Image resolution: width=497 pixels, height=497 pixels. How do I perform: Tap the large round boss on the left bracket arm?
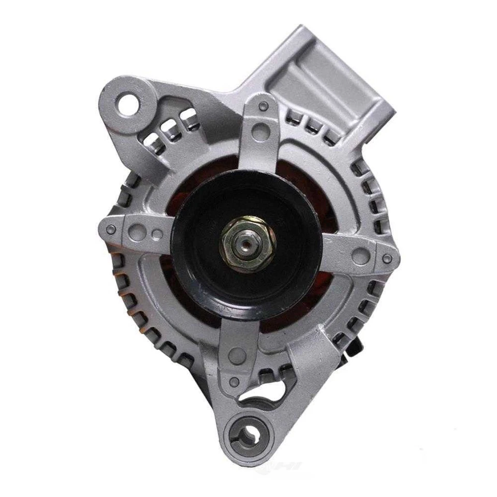(136, 232)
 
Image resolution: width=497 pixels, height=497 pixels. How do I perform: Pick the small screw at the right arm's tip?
(386, 259)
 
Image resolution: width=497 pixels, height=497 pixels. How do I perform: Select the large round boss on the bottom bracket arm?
(238, 355)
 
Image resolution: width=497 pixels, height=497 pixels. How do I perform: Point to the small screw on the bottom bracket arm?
(235, 382)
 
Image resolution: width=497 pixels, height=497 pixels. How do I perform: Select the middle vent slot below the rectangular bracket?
(312, 124)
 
